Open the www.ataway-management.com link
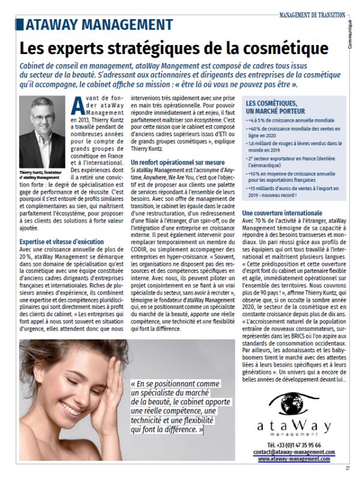(x=294, y=458)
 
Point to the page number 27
(x=347, y=469)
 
